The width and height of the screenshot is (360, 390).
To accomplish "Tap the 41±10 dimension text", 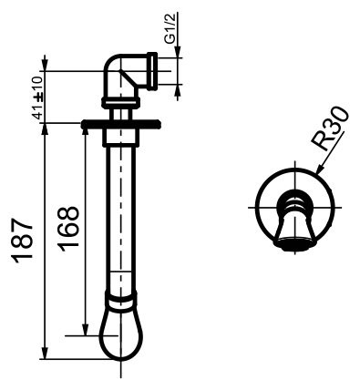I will point(37,95).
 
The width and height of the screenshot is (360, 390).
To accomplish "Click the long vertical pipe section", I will point(119,219).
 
